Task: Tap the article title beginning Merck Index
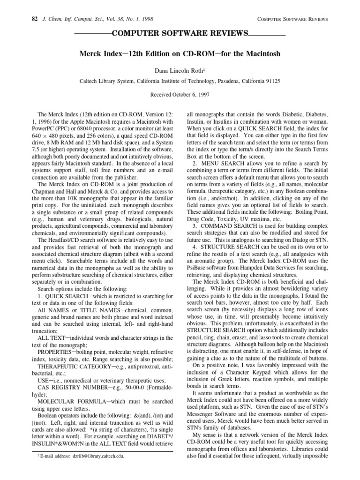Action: pos(180,54)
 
